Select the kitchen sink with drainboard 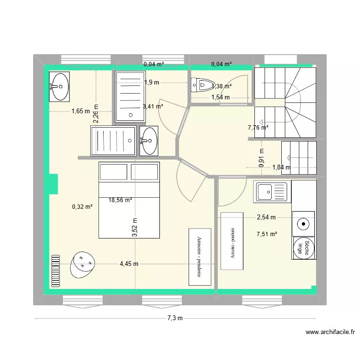(x=272, y=192)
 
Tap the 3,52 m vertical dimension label (x=135, y=228)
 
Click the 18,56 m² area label (x=120, y=200)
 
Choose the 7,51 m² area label (x=267, y=234)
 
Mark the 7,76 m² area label (x=258, y=128)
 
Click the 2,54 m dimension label (x=266, y=217)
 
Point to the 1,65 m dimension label (x=81, y=111)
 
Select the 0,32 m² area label (x=82, y=207)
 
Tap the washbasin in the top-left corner (x=59, y=87)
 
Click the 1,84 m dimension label (x=281, y=167)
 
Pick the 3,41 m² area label (x=153, y=107)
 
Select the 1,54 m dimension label (x=221, y=97)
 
